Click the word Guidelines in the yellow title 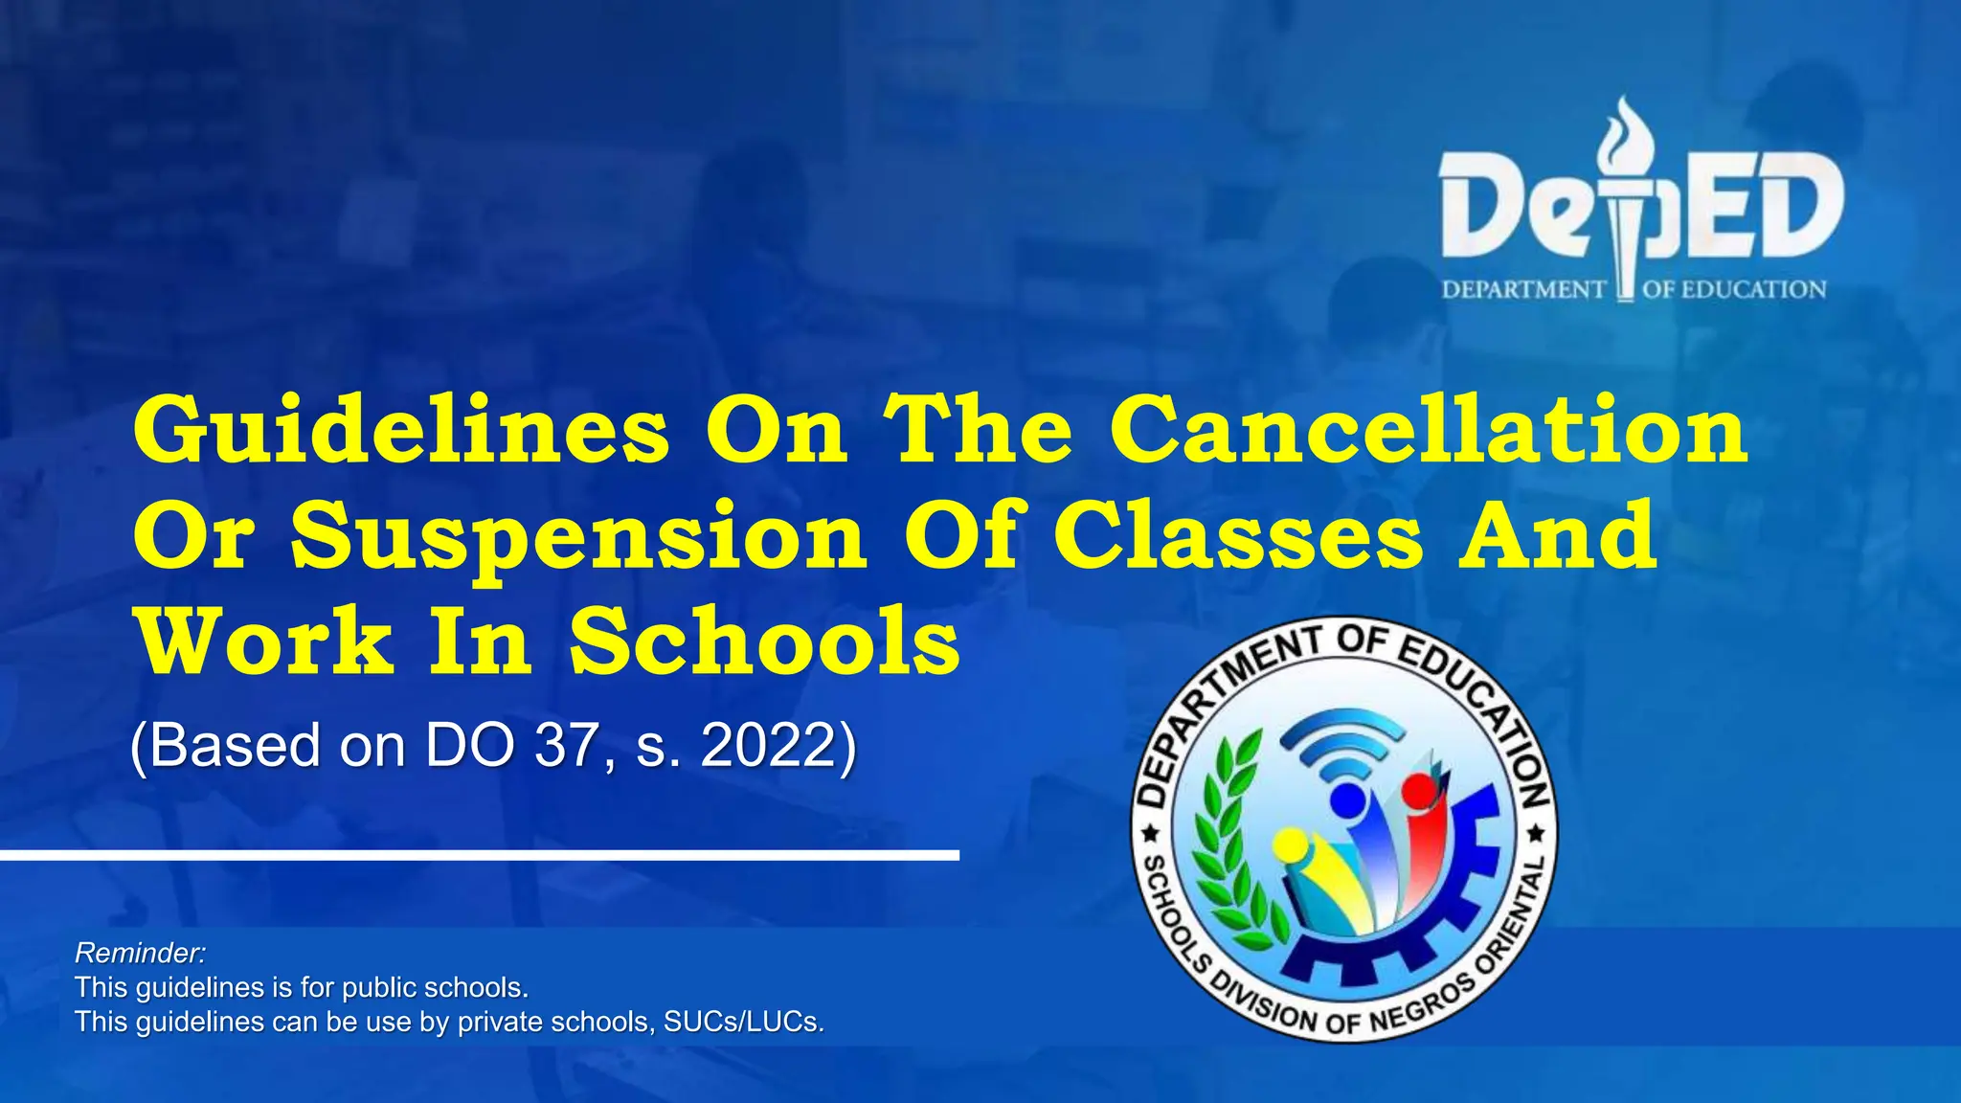click(x=401, y=430)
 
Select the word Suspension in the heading click(x=578, y=537)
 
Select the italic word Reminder click(x=140, y=953)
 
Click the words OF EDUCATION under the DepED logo click(x=1734, y=289)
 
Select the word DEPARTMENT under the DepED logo click(x=1523, y=289)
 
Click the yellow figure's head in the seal click(x=1290, y=844)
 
